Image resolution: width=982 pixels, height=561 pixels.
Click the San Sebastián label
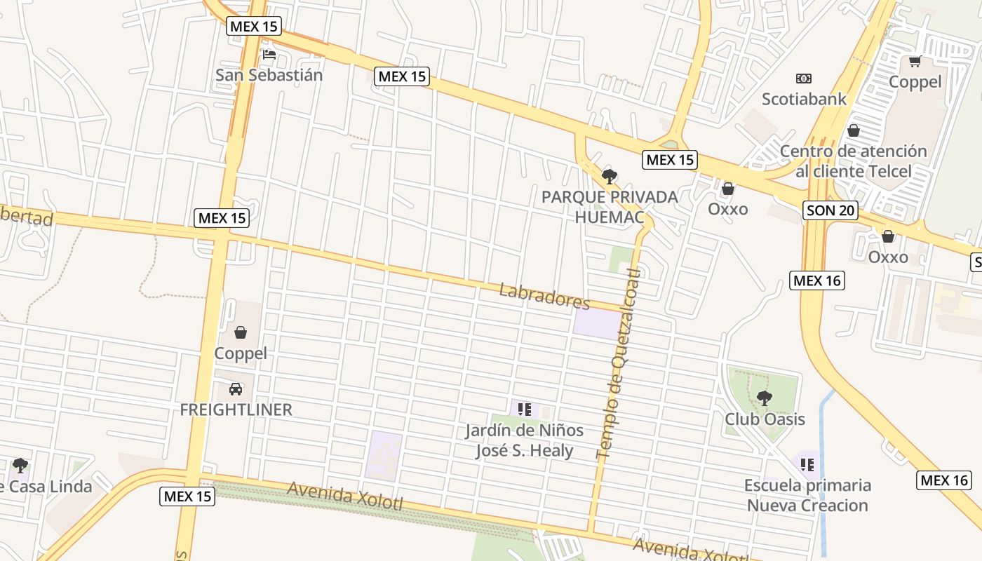(x=269, y=75)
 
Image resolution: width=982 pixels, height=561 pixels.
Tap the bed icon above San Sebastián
(x=269, y=55)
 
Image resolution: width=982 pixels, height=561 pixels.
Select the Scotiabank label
(x=804, y=99)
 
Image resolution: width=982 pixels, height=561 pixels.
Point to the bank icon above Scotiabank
(x=804, y=79)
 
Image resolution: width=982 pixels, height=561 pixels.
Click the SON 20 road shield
(x=830, y=210)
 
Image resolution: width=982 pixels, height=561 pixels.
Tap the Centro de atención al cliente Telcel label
(x=853, y=161)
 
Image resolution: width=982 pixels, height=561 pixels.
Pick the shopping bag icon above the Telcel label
(x=854, y=130)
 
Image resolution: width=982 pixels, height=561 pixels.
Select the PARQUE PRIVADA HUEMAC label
(x=610, y=207)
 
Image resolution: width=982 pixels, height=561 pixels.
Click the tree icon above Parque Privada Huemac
(x=610, y=176)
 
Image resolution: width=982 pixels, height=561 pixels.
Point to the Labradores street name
(x=544, y=296)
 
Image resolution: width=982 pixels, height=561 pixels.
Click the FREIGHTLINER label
(x=236, y=410)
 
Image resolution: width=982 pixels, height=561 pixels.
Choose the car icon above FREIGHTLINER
(x=236, y=388)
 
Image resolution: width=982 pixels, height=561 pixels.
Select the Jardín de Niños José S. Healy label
(x=524, y=440)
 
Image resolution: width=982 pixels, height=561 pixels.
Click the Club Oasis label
(x=765, y=419)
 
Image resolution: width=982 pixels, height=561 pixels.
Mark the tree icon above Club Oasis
(x=765, y=398)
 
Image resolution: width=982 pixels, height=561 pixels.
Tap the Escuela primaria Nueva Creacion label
(x=807, y=495)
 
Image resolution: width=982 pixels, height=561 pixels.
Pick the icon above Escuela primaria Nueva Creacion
(x=807, y=464)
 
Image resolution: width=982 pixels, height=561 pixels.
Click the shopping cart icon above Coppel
(x=915, y=62)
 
